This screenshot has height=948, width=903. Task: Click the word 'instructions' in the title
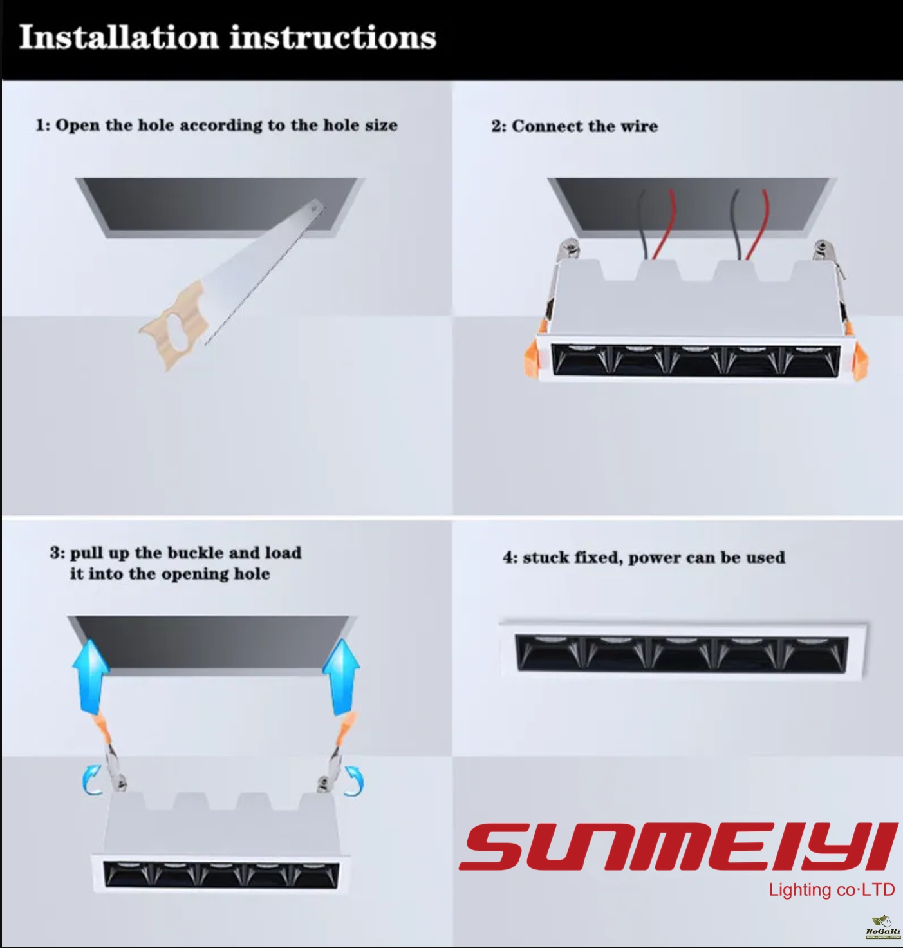333,37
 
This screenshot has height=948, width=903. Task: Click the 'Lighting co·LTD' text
831,890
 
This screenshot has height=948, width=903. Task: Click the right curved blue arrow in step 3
354,782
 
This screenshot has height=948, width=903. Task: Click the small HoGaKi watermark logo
883,927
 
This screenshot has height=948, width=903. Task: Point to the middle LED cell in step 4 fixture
682,654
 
